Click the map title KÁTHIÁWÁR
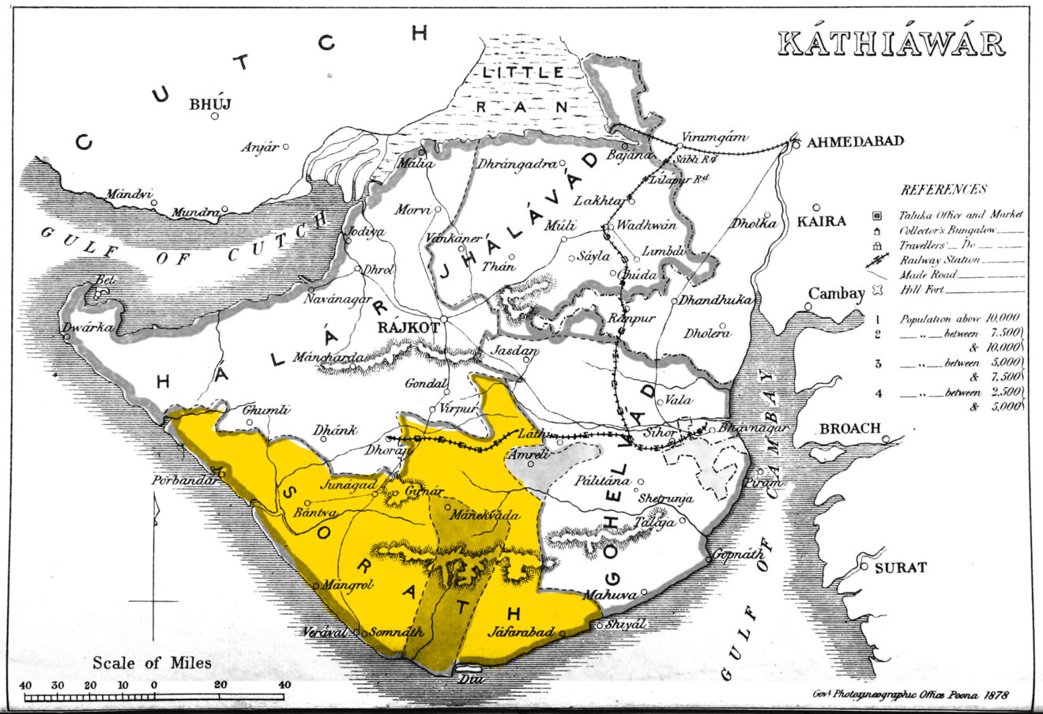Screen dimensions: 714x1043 [x=891, y=44]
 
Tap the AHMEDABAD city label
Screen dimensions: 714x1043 [x=854, y=141]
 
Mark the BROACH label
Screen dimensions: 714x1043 [x=849, y=428]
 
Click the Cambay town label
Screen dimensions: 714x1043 [x=835, y=294]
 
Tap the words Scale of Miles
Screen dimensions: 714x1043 [x=152, y=663]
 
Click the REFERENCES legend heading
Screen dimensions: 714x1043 [x=943, y=190]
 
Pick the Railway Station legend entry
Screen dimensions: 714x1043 [x=940, y=259]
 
